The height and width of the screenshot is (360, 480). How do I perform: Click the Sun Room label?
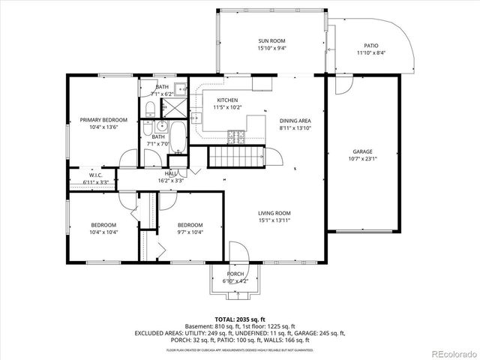click(x=271, y=40)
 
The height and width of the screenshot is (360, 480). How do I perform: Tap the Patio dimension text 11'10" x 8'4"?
click(x=371, y=53)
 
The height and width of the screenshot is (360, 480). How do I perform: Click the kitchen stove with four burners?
click(x=237, y=136)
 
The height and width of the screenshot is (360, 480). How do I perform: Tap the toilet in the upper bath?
click(x=149, y=109)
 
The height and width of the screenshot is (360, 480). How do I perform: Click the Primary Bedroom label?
click(x=103, y=120)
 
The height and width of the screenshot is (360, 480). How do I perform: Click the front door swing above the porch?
click(x=238, y=252)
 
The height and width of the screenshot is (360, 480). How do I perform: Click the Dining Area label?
click(x=295, y=121)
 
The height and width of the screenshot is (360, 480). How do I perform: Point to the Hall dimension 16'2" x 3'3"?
click(x=171, y=181)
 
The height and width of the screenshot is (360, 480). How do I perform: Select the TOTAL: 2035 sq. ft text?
click(x=240, y=319)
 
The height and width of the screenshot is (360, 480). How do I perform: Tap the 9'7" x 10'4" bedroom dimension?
click(x=190, y=232)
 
